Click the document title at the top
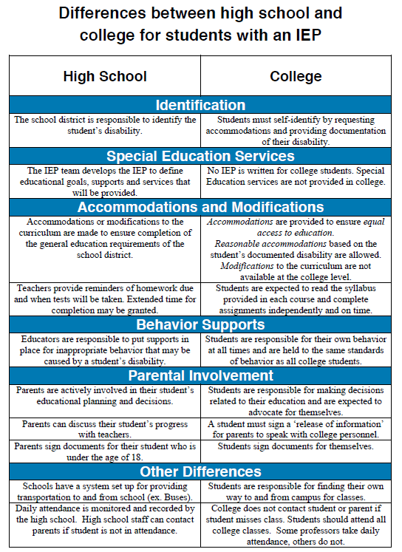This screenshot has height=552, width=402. click(200, 24)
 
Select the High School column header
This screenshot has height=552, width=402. click(105, 76)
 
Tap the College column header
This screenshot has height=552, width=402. click(296, 76)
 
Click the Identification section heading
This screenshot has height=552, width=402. click(200, 105)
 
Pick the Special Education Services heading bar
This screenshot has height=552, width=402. click(200, 156)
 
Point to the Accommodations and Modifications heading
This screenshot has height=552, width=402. click(200, 207)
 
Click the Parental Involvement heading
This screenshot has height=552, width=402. click(200, 375)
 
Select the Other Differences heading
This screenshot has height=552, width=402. click(200, 471)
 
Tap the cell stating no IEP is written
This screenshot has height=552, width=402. click(296, 176)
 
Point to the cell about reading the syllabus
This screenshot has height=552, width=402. click(296, 299)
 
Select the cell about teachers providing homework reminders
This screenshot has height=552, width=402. click(105, 299)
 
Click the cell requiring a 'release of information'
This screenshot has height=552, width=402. click(296, 429)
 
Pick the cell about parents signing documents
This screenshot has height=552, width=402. click(105, 452)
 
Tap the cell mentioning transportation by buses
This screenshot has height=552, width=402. click(105, 491)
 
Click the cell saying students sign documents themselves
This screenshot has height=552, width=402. click(296, 446)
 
